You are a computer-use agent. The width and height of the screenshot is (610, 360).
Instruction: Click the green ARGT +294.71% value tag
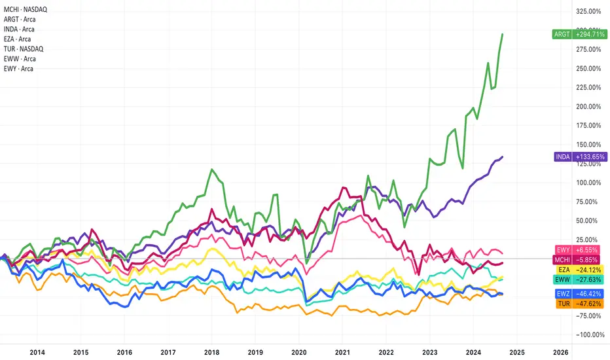pyautogui.click(x=579, y=34)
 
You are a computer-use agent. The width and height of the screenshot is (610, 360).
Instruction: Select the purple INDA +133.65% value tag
pyautogui.click(x=580, y=157)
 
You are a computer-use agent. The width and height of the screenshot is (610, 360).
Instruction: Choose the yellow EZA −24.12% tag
pyautogui.click(x=580, y=270)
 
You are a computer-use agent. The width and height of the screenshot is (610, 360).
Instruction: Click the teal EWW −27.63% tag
pyautogui.click(x=579, y=279)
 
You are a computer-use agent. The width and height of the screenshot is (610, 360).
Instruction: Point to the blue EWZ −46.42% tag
pyautogui.click(x=579, y=293)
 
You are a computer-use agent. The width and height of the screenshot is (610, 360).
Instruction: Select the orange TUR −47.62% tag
pyautogui.click(x=580, y=304)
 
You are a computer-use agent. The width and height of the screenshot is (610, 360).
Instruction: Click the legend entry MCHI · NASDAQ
pyautogui.click(x=26, y=9)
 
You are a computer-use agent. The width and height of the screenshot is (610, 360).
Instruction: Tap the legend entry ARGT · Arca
pyautogui.click(x=20, y=19)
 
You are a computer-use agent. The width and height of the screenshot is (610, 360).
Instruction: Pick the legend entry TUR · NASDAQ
pyautogui.click(x=24, y=48)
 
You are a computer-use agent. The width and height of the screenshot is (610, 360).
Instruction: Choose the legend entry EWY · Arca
pyautogui.click(x=18, y=69)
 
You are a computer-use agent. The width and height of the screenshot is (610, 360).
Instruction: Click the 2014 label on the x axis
pyautogui.click(x=37, y=352)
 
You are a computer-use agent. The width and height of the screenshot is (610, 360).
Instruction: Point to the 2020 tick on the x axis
pyautogui.click(x=298, y=352)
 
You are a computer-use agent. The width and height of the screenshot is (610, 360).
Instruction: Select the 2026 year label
pyautogui.click(x=561, y=352)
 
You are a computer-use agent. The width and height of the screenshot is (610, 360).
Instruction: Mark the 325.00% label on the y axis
pyautogui.click(x=588, y=11)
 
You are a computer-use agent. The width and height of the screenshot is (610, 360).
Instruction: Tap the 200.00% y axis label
pyautogui.click(x=588, y=106)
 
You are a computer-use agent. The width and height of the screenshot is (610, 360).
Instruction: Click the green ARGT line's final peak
pyautogui.click(x=503, y=34)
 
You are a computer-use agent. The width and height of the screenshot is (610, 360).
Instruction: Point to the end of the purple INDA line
pyautogui.click(x=503, y=157)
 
